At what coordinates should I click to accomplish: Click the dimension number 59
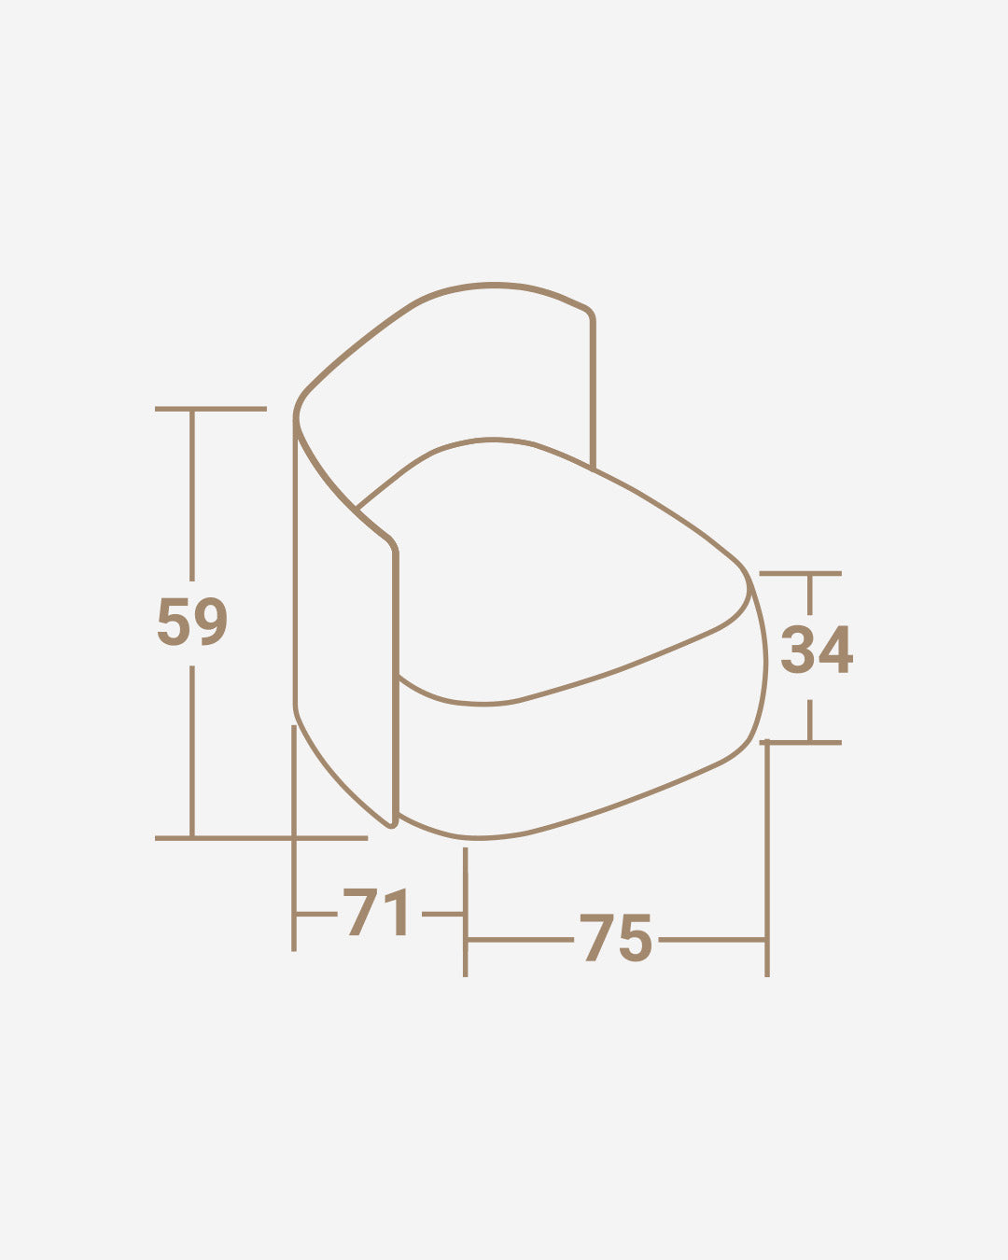tap(192, 622)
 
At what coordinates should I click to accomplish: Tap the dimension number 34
tap(817, 650)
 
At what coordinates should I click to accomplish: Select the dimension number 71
tap(377, 912)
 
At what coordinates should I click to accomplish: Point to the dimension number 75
tap(616, 937)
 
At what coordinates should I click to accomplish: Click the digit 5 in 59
tap(174, 622)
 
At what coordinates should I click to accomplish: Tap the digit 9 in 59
tap(210, 622)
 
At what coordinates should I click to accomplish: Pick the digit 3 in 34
tap(797, 650)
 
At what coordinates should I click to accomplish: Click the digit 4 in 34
tap(836, 650)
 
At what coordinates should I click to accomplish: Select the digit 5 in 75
tap(636, 937)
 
